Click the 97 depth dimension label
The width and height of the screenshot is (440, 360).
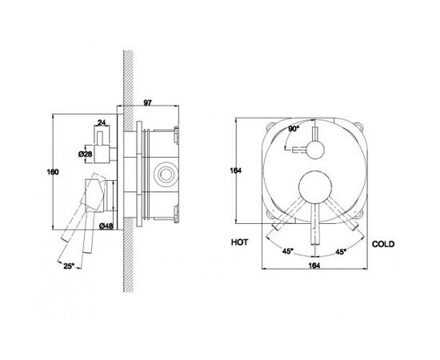click(148, 102)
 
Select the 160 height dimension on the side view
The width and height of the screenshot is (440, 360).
click(53, 172)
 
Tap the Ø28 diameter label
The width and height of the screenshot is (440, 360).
click(86, 154)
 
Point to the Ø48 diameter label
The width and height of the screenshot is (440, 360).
click(106, 226)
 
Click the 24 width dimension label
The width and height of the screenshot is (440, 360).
click(102, 122)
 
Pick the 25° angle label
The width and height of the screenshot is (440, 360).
click(69, 266)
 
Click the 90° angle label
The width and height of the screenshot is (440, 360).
click(294, 129)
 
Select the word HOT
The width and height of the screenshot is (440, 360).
click(239, 242)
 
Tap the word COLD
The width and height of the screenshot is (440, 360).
click(383, 244)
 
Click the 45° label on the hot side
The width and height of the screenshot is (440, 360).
click(288, 251)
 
